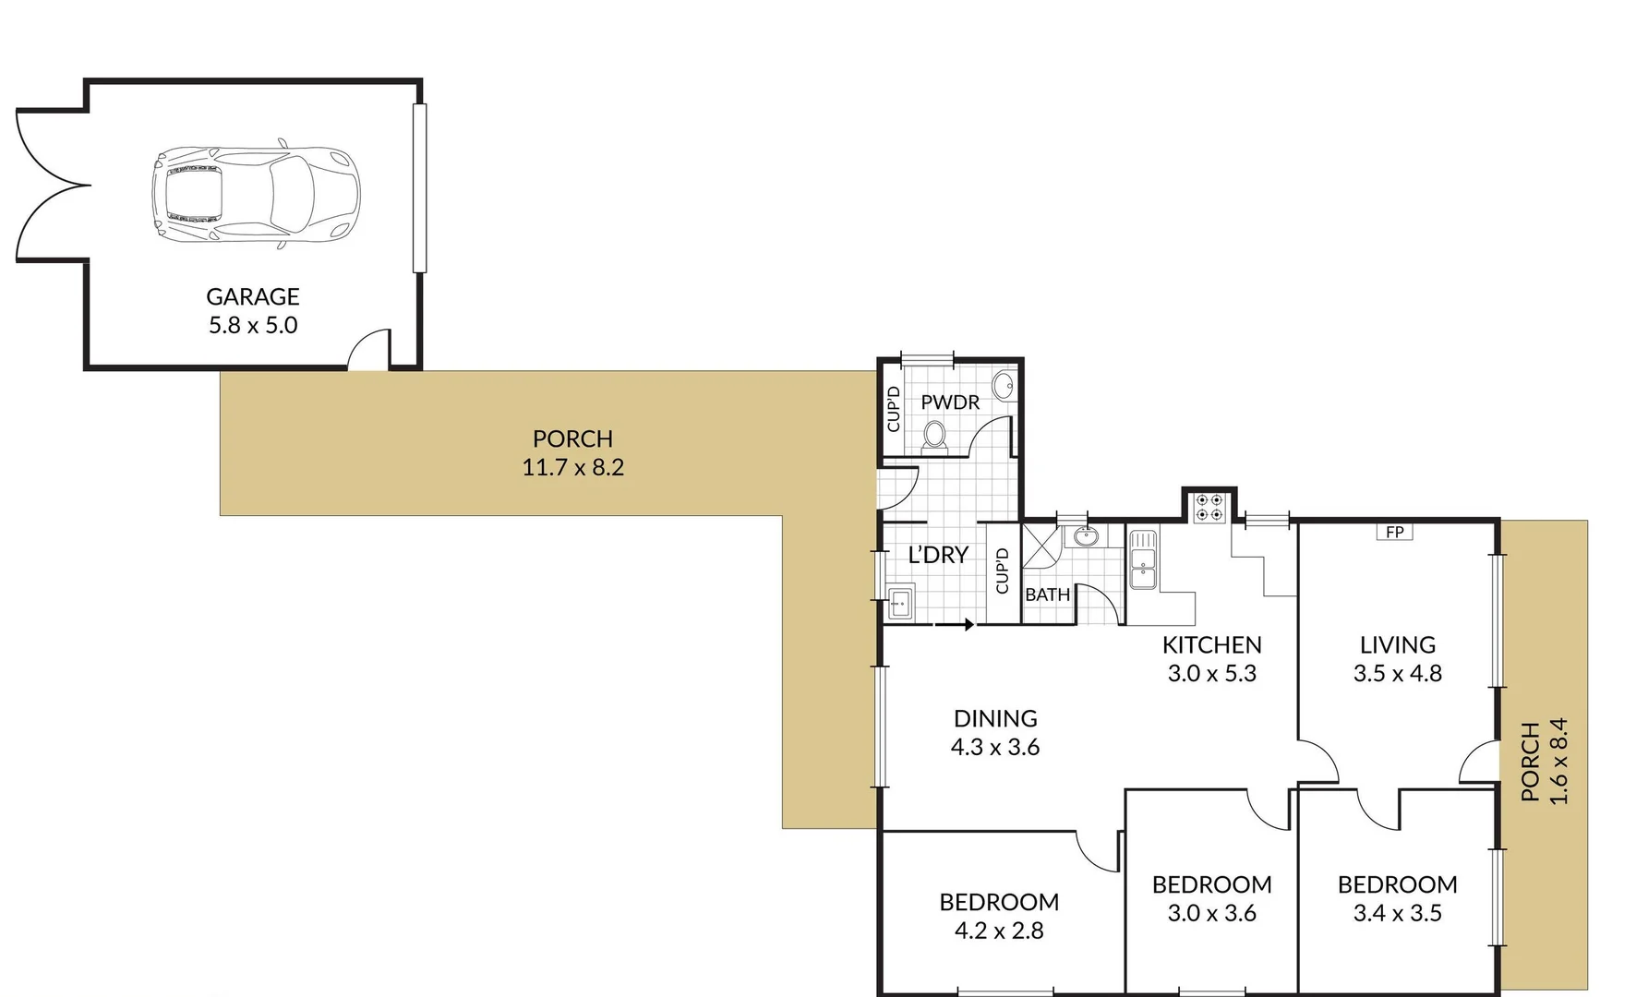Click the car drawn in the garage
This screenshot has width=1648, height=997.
(256, 194)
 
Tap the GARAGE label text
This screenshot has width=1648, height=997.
(253, 297)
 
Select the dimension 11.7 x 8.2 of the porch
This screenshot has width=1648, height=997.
(572, 468)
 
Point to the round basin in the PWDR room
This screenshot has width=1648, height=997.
(1004, 385)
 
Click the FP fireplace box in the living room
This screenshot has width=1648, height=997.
(1394, 533)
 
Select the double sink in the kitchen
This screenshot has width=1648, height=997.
(1143, 560)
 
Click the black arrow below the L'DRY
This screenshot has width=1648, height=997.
(966, 625)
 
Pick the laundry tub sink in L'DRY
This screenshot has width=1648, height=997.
(900, 603)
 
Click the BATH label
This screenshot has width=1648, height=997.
(1047, 595)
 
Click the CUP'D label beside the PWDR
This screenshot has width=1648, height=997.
(893, 409)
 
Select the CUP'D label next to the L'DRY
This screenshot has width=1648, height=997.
(1002, 571)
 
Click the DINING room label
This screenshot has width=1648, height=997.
(995, 718)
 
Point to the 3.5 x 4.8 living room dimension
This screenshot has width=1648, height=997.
(1397, 674)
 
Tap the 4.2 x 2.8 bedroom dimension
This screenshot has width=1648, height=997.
(999, 931)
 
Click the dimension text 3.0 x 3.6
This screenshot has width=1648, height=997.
(1211, 914)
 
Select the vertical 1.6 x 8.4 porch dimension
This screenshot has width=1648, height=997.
(1558, 762)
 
